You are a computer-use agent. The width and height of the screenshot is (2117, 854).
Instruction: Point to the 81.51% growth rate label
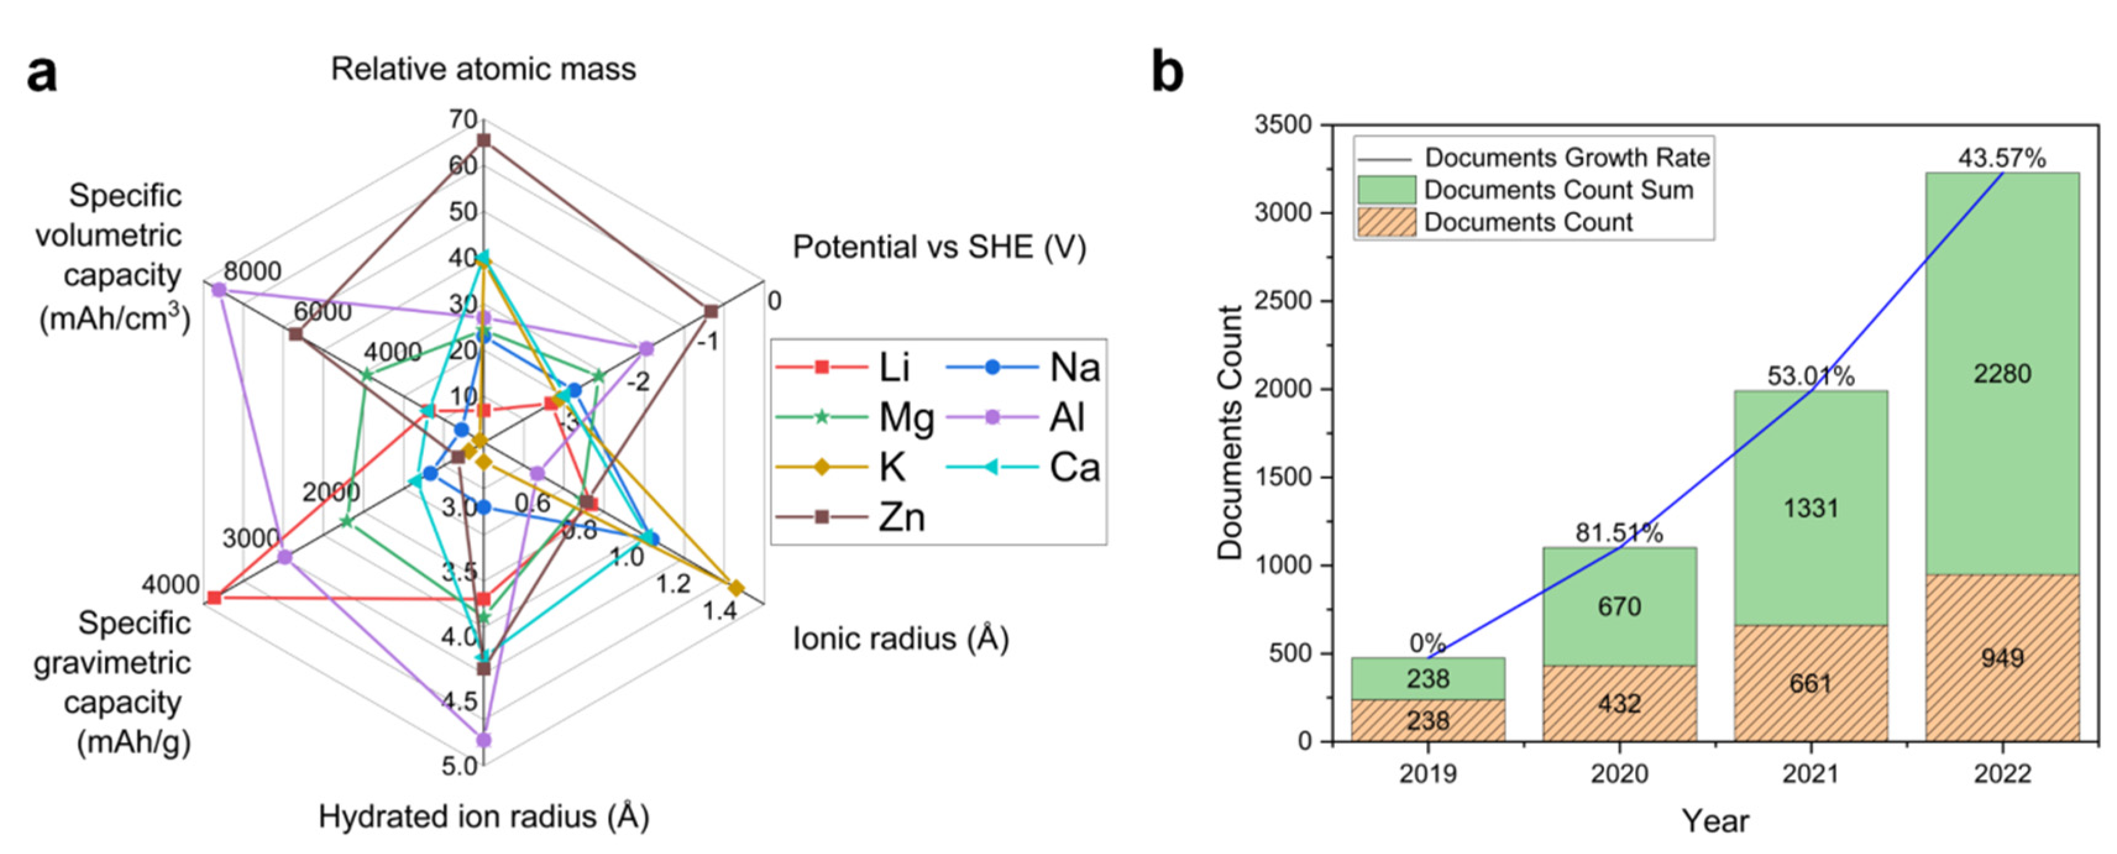(1619, 533)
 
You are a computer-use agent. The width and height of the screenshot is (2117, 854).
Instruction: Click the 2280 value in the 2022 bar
(2002, 374)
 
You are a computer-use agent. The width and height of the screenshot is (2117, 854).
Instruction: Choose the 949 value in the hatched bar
(2002, 657)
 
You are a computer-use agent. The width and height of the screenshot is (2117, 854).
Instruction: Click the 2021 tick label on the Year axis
(1811, 774)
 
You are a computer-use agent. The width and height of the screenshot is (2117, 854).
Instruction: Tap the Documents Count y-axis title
(1230, 433)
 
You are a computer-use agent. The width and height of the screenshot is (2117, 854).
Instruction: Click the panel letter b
(1167, 72)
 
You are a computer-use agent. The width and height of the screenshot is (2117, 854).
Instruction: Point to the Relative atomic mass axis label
(483, 69)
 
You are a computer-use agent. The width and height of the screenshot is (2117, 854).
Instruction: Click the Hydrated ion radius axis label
(483, 816)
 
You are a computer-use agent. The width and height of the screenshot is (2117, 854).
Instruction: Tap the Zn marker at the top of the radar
(483, 140)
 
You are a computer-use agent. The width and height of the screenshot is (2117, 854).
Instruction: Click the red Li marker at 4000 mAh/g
(214, 598)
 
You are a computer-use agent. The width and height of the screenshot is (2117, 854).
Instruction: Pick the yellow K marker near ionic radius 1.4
(735, 588)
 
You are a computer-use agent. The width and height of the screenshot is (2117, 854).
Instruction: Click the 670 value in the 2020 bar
(1619, 607)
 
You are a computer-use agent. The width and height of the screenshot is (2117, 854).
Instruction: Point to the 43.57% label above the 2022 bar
(2002, 158)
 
